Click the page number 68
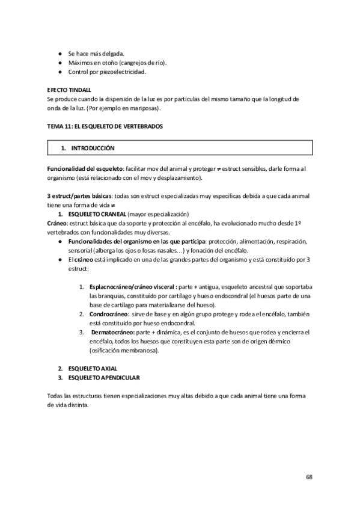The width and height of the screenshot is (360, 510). [x=308, y=476]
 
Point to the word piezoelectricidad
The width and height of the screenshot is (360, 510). [x=124, y=72]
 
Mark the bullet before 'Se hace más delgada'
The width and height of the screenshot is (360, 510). [x=60, y=54]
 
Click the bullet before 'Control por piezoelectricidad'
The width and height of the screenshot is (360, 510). [x=60, y=72]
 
